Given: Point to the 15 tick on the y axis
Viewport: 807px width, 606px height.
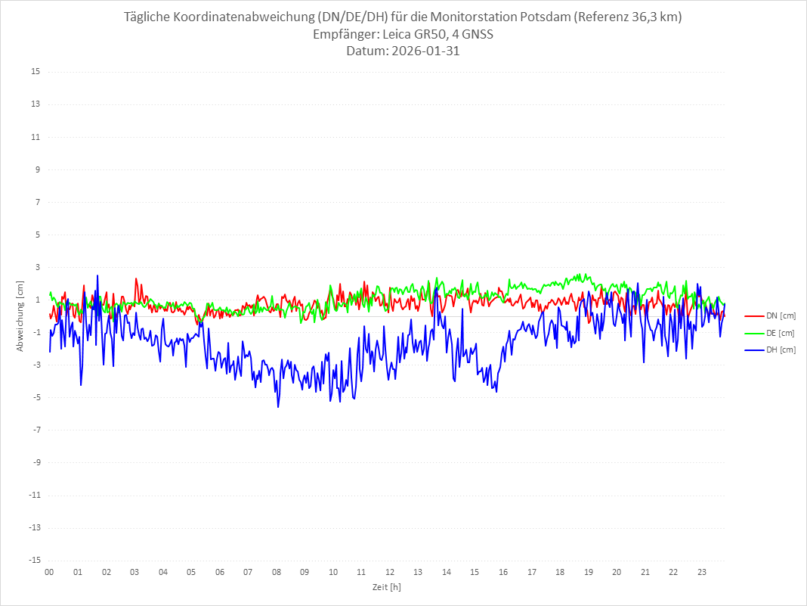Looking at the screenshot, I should [x=36, y=72].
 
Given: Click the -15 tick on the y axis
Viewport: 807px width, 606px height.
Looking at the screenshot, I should [x=34, y=561].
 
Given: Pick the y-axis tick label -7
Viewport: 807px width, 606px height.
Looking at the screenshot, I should [x=36, y=430].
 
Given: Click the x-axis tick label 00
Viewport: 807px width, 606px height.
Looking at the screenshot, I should [x=49, y=572].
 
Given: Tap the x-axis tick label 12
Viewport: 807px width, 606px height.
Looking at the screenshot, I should [x=390, y=572].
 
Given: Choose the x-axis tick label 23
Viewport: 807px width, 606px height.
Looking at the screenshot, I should [x=702, y=572].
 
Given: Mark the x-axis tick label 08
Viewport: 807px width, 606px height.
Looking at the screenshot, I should [x=277, y=572].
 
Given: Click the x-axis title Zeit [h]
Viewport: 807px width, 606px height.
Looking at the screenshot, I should [x=387, y=586].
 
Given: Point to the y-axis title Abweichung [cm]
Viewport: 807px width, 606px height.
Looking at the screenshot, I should [x=20, y=316].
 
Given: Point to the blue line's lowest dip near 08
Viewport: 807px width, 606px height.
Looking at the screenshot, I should [x=278, y=407].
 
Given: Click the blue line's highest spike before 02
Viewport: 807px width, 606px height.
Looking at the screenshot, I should [x=97, y=275].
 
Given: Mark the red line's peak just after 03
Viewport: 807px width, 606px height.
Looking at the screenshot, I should [x=136, y=278].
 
